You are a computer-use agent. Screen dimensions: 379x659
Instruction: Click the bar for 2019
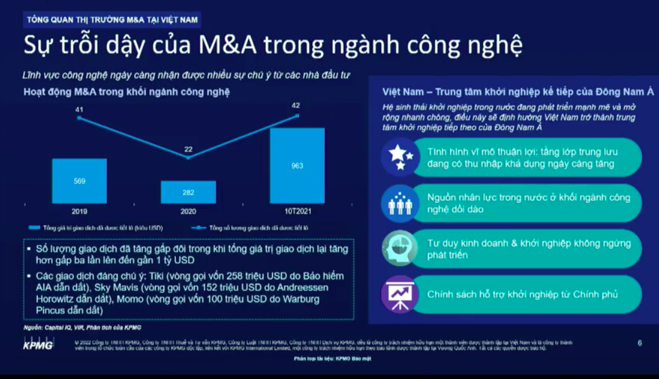79,181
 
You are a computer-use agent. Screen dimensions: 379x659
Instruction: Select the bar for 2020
188,192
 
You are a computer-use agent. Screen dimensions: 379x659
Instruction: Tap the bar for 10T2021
297,166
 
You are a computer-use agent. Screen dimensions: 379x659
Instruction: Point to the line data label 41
79,110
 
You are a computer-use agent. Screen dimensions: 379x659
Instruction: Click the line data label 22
188,149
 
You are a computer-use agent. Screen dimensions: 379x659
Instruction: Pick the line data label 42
295,106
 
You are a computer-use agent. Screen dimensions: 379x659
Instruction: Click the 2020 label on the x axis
188,212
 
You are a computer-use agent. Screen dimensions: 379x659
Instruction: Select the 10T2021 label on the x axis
297,212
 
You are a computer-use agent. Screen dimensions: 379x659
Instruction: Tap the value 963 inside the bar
297,166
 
